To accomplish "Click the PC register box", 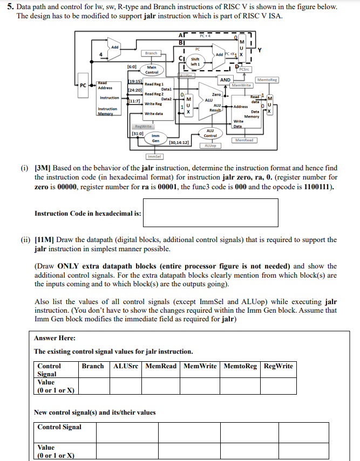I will tap(83, 85).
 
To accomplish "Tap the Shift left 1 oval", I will tap(195, 62).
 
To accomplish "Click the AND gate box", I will tap(226, 80).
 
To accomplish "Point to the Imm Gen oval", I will tap(155, 138).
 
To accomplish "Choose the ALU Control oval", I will tap(210, 133).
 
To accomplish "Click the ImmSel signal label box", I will tap(153, 156).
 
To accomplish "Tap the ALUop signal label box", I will tap(210, 146).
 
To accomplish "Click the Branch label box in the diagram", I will tap(152, 53).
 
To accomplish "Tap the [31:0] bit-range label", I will tap(137, 133).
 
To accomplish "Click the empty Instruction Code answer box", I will tap(211, 214).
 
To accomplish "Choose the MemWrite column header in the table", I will tap(200, 366).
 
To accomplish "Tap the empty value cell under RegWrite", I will tap(279, 386).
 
